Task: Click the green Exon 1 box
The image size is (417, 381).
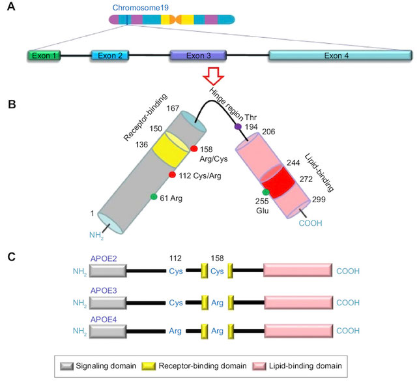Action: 44,55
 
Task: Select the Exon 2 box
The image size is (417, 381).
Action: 110,55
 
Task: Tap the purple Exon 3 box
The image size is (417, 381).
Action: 198,55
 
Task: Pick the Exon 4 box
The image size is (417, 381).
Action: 340,55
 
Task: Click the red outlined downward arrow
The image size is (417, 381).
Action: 214,75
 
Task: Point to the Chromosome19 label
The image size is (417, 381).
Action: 141,8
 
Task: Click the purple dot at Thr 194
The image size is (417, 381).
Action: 238,127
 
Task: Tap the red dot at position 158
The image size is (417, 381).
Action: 194,149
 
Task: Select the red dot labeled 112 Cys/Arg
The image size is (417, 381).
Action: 172,175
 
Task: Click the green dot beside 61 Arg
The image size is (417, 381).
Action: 154,196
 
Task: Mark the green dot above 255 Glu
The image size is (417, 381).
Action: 266,192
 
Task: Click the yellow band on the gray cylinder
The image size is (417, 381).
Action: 171,149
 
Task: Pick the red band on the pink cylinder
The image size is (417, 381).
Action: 278,181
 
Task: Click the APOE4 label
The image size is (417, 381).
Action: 104,320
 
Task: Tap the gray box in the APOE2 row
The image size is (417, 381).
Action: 108,271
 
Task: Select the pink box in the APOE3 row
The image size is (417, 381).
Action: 298,303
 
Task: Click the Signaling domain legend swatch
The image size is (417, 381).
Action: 66,366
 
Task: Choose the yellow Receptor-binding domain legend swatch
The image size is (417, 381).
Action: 149,366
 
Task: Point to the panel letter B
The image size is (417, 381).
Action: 12,104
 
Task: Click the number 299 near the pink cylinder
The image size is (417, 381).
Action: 319,200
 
